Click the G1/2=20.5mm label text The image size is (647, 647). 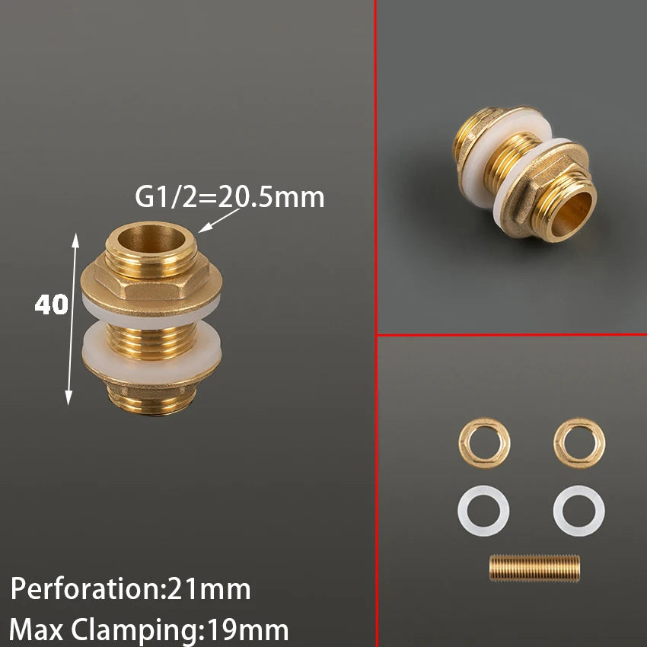(x=229, y=197)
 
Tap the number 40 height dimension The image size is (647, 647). (x=51, y=304)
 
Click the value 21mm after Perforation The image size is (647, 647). (x=208, y=589)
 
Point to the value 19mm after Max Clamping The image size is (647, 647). (x=247, y=630)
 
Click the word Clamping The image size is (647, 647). (x=134, y=631)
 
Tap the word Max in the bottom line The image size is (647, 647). (x=37, y=630)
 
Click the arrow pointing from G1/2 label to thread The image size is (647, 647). (x=219, y=220)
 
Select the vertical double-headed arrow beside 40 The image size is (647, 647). (x=72, y=319)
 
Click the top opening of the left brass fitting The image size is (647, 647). (x=151, y=237)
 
